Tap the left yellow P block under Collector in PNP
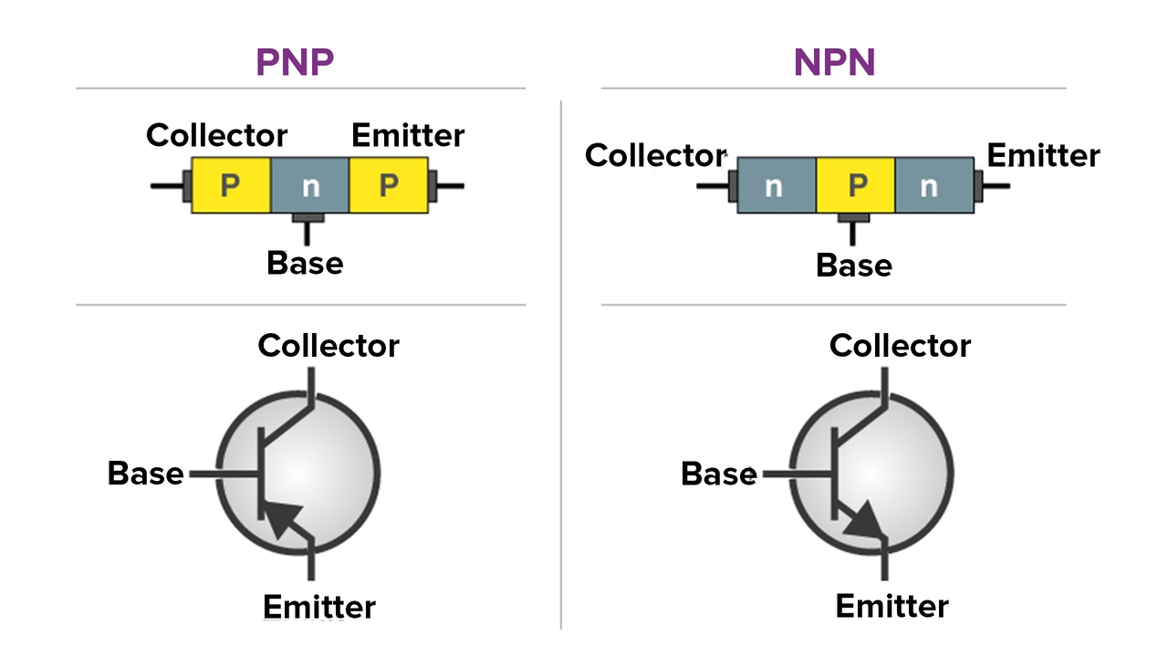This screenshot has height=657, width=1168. tap(231, 185)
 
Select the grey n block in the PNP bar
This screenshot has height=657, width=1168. tap(310, 185)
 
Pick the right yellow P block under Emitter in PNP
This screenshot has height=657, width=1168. tap(390, 185)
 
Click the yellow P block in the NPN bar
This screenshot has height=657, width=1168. tap(856, 185)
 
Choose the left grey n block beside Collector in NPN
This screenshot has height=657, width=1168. tap(776, 185)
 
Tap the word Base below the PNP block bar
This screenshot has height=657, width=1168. tap(305, 264)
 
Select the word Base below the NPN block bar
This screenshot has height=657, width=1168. tap(854, 266)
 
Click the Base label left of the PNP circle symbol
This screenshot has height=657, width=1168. tap(145, 474)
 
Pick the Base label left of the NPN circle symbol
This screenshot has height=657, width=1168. tap(719, 474)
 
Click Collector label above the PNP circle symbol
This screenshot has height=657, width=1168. tap(328, 346)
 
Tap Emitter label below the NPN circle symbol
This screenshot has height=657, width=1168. tap(892, 606)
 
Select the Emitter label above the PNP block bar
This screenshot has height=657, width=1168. tap(408, 136)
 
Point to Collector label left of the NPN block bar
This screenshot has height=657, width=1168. tap(655, 155)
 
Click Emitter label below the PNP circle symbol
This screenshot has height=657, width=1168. tap(319, 607)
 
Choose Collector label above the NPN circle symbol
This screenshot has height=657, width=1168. tap(900, 346)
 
